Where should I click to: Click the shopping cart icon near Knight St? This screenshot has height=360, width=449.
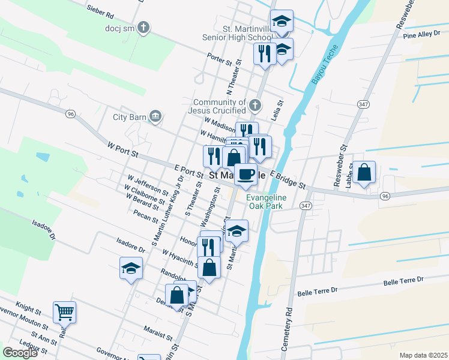click(x=64, y=311)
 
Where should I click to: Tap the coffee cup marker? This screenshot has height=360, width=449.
click(x=246, y=174)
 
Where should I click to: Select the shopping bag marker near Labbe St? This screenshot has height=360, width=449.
click(x=364, y=172)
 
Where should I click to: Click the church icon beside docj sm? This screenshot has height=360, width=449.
click(x=143, y=27)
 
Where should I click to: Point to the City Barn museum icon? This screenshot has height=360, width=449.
click(x=155, y=116)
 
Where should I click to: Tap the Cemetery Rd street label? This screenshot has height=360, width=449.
click(x=288, y=331)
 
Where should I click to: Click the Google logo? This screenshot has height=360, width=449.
click(x=20, y=353)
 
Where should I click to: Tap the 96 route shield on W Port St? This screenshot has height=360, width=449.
click(x=71, y=114)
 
